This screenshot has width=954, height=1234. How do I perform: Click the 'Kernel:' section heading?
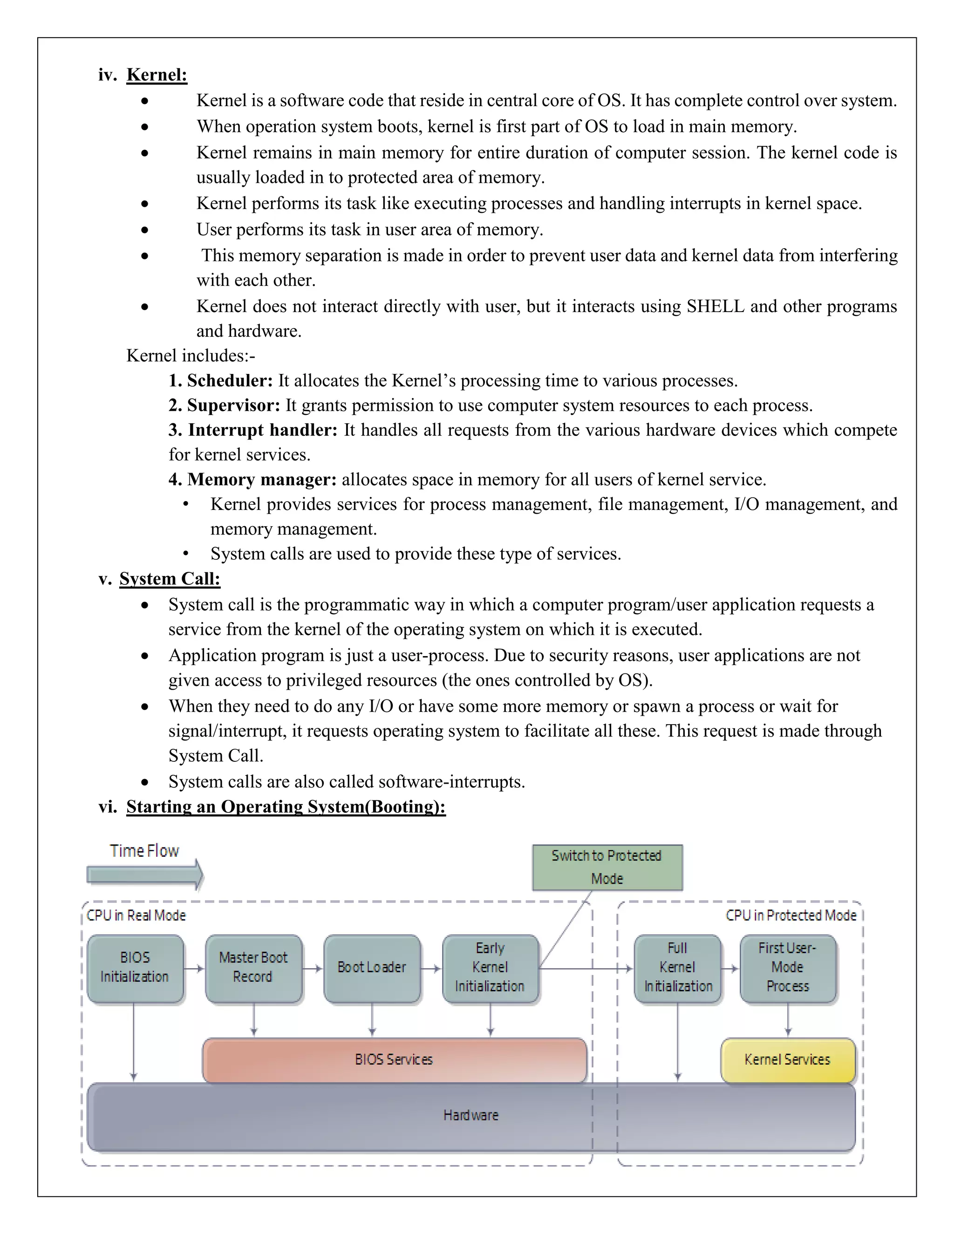coord(157,75)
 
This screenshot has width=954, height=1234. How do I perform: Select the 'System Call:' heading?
coord(170,578)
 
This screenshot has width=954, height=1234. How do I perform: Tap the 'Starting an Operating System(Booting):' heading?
coord(286,806)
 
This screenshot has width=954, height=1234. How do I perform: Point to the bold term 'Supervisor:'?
coord(233,405)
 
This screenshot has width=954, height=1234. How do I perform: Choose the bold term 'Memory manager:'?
coord(262,479)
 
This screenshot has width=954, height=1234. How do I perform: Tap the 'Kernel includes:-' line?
coord(191,355)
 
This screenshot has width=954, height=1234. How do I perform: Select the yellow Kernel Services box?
coord(787,1059)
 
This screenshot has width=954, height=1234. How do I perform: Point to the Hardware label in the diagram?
coord(471,1115)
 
